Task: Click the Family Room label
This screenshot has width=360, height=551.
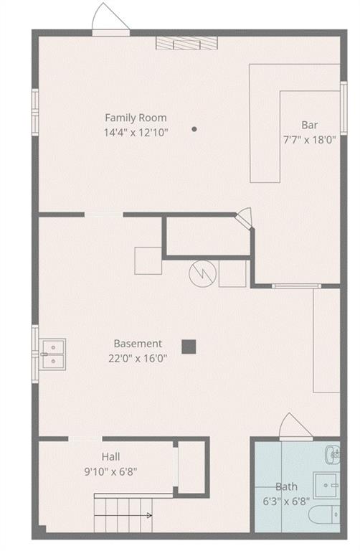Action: (x=136, y=118)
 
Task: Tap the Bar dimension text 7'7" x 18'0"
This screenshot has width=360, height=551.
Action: (x=309, y=140)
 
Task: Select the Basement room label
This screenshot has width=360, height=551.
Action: (x=138, y=344)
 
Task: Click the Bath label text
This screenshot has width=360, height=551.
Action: (x=286, y=486)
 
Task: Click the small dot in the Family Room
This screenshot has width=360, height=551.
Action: (x=194, y=129)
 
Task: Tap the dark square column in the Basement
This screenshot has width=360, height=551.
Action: (x=189, y=347)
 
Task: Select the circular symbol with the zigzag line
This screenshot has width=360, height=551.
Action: (x=202, y=273)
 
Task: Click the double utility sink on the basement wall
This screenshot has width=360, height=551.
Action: (x=52, y=352)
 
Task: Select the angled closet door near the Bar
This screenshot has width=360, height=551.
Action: (x=246, y=218)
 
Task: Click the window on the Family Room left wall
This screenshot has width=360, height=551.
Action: (x=34, y=111)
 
